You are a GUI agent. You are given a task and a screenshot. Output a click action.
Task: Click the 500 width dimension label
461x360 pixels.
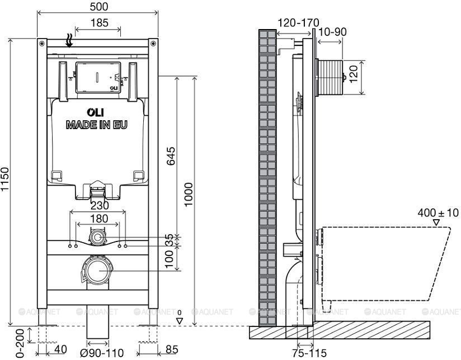99,7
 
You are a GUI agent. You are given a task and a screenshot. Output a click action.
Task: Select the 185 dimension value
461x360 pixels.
100,22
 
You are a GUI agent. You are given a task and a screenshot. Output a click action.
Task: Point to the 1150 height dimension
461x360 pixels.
5,179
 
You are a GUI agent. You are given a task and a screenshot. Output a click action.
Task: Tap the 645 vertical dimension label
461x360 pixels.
171,156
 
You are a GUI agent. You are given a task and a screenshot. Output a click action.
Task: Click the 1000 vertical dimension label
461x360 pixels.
188,194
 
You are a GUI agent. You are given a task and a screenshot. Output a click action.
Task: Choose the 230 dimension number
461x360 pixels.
100,205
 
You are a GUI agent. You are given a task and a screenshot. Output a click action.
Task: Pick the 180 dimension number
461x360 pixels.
99,219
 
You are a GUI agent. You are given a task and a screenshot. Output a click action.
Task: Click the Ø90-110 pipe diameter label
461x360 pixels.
102,353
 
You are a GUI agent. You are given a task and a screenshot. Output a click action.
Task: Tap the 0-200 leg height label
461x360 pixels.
20,343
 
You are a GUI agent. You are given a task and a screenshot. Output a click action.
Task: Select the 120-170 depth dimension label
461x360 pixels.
298,22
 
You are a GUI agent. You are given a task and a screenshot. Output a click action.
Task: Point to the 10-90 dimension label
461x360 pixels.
332,32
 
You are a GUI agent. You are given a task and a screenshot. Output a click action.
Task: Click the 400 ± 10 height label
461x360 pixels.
438,212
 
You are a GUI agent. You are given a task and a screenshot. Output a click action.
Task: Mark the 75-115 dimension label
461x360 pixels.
309,353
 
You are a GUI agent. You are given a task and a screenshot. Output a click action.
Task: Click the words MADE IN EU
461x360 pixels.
97,125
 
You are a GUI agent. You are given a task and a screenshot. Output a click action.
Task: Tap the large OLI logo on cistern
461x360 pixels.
95,112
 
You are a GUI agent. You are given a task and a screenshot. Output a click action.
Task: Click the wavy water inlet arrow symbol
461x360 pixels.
69,40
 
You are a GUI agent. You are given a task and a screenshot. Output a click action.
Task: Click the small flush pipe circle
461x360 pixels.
97,237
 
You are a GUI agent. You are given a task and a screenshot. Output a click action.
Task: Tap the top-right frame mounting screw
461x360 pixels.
153,44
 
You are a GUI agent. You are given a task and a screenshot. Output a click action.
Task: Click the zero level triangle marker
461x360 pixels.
180,321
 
